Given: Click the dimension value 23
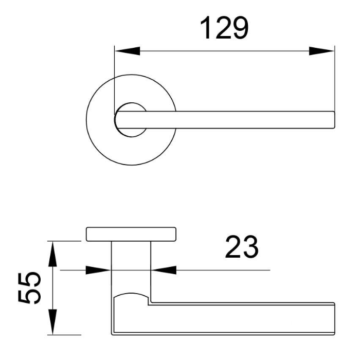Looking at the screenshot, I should (x=241, y=248).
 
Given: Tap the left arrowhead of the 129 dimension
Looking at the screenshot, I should (x=127, y=51).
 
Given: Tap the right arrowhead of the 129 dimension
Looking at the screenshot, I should (x=322, y=51).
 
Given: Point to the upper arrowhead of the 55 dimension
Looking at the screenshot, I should (x=51, y=253).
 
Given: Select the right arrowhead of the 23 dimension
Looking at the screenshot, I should (x=164, y=270).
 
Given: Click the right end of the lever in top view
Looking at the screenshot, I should (x=334, y=119).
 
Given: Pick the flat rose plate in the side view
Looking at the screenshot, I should (x=131, y=234).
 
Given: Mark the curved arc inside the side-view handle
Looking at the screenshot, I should (x=131, y=295).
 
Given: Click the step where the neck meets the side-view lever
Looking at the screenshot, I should (x=150, y=303).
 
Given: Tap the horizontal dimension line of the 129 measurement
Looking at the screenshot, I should (x=224, y=51).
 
